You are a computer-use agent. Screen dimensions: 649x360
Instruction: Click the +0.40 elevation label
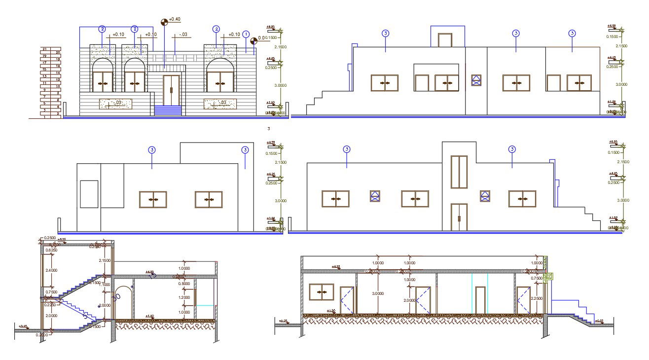[175, 20]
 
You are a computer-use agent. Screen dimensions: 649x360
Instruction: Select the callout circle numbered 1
[246, 34]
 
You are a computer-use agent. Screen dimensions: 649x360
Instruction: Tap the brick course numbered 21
[45, 49]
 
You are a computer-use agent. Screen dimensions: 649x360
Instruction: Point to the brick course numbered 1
[45, 117]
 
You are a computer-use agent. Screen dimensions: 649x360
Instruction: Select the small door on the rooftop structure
[445, 40]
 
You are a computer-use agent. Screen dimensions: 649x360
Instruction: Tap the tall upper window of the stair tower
[459, 172]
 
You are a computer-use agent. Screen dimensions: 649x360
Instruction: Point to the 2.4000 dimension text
[51, 270]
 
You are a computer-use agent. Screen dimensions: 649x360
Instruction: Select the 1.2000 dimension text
[183, 298]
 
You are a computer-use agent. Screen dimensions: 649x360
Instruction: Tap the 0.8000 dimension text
[183, 284]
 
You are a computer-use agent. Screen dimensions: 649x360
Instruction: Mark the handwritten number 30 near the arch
[116, 297]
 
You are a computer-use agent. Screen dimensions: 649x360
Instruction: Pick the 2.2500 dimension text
[537, 298]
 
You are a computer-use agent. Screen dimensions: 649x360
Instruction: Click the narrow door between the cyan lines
[480, 300]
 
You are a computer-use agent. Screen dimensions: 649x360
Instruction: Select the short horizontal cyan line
[206, 306]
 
